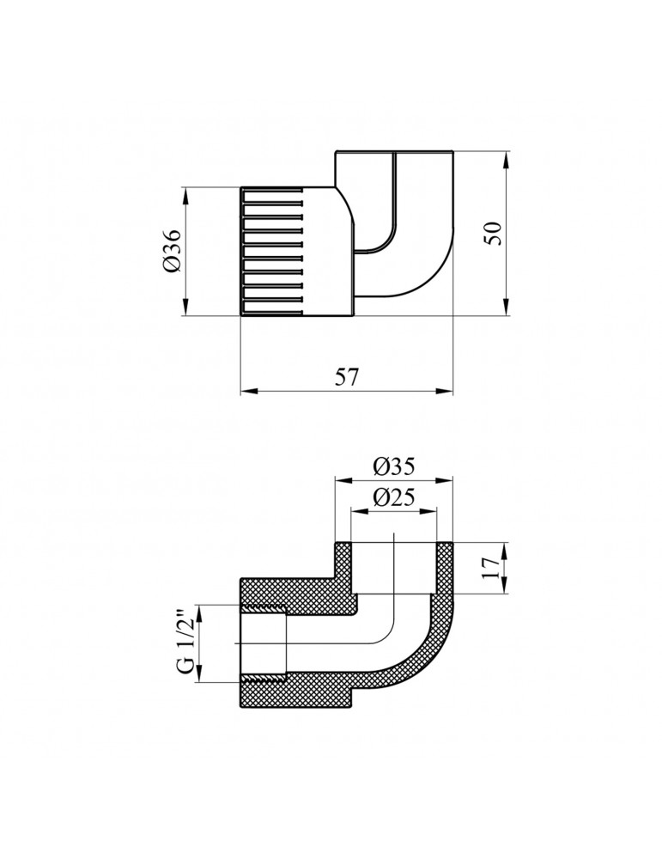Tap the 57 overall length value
tap(346, 378)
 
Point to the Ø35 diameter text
tap(394, 466)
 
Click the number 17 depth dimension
tap(492, 568)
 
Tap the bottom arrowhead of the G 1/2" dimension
tap(199, 677)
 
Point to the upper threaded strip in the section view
tap(262, 611)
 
